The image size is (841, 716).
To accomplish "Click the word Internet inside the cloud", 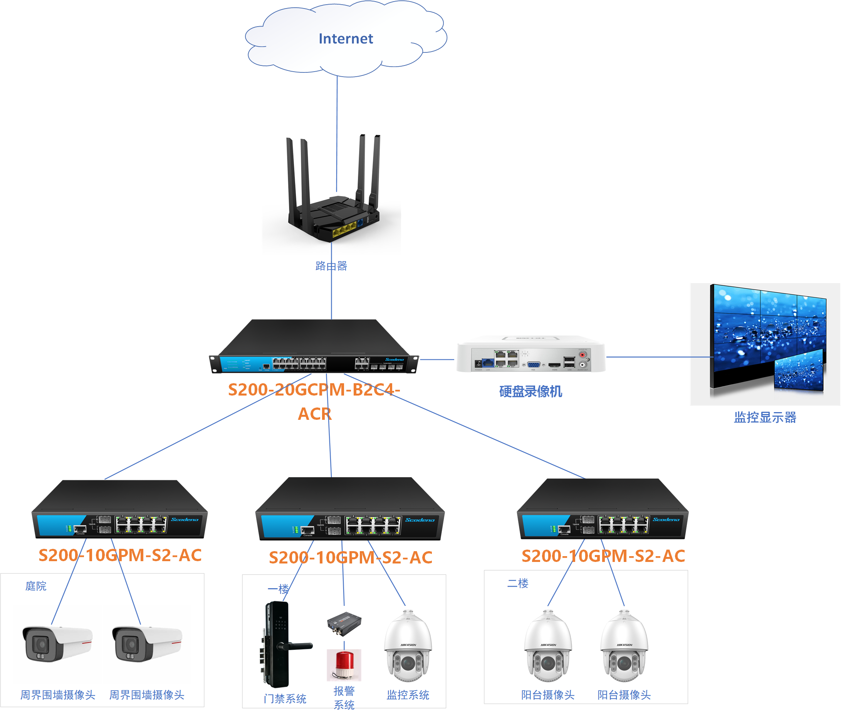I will pyautogui.click(x=346, y=39).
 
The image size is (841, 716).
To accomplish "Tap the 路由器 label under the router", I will pyautogui.click(x=331, y=266).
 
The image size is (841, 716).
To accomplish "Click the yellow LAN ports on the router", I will pyautogui.click(x=344, y=230).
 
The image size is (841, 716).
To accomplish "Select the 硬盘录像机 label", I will pyautogui.click(x=530, y=391).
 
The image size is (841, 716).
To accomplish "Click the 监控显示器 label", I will pyautogui.click(x=765, y=417).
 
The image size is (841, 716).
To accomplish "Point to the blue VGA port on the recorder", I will pyautogui.click(x=533, y=364).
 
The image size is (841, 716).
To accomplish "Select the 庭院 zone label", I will pyautogui.click(x=36, y=586).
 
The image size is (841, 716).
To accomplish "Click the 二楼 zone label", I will pyautogui.click(x=517, y=584).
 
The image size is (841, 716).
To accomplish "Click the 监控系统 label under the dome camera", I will pyautogui.click(x=408, y=695).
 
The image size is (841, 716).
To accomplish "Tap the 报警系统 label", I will pyautogui.click(x=344, y=698).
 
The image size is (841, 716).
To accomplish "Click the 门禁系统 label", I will pyautogui.click(x=285, y=699).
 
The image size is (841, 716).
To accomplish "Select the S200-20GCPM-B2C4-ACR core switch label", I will pyautogui.click(x=314, y=401).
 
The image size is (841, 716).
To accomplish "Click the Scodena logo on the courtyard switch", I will pyautogui.click(x=185, y=520).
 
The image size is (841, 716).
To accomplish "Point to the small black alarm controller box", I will pyautogui.click(x=344, y=624).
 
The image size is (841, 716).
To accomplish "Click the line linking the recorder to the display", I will pyautogui.click(x=658, y=357).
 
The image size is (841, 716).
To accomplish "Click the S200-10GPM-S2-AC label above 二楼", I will pyautogui.click(x=603, y=556).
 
